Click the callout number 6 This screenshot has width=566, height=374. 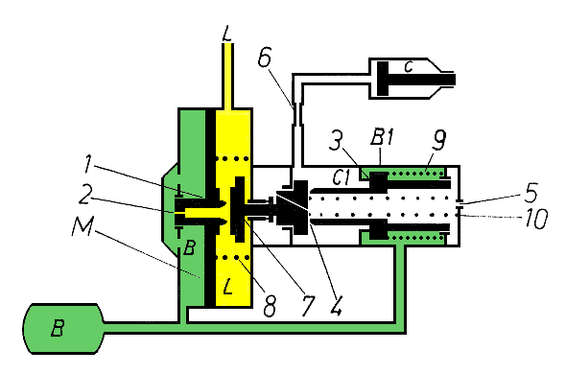tap(265, 58)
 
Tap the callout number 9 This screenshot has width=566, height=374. tap(438, 140)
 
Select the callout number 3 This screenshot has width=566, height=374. tap(336, 140)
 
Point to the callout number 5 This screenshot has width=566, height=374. tap(531, 193)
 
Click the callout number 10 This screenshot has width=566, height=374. tap(536, 218)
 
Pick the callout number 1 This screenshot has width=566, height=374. tap(87, 163)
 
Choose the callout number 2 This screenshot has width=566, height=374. tap(85, 195)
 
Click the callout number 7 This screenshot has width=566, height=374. tap(308, 305)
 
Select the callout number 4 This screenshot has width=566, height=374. tap(336, 306)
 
